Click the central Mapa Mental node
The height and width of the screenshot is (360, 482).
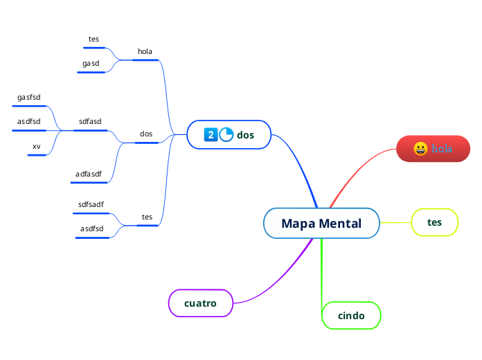pos(321,224)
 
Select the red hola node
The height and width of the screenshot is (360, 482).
pos(433,149)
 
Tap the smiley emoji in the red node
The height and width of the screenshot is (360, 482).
pos(420,149)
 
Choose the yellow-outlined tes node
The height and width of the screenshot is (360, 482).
pos(434,222)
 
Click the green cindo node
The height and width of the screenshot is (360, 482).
pos(351,316)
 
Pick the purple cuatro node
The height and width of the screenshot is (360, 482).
pos(200,303)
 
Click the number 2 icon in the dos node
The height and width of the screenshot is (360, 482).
pos(211,134)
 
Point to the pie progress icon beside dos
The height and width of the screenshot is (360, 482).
pos(226,134)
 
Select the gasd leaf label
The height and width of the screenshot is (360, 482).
pos(91,64)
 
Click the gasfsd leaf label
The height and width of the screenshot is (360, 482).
pos(29,98)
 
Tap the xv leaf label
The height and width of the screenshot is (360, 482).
pos(36,146)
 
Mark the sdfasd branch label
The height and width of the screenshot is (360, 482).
pos(90,122)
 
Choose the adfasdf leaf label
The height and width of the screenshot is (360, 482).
pos(89,174)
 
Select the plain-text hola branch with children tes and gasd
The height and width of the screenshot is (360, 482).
pos(145,51)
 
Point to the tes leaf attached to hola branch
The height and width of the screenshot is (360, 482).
pos(93,39)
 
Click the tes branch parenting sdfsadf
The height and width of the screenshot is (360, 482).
pos(147,217)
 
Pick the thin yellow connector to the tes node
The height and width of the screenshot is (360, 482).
pos(395,222)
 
